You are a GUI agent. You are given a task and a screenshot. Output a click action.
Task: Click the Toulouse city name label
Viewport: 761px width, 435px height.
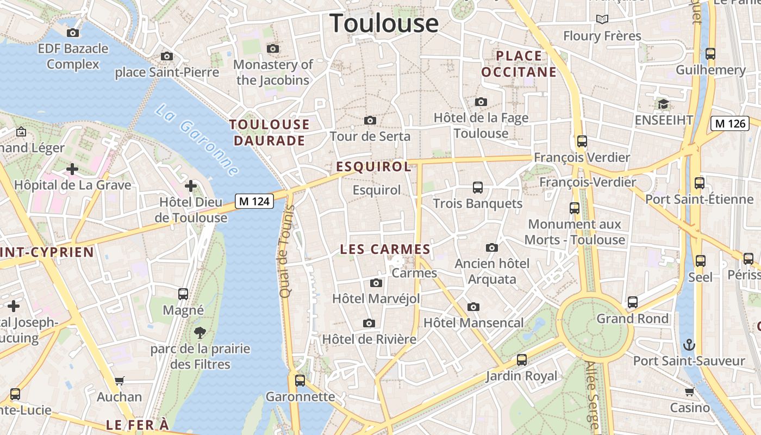384,23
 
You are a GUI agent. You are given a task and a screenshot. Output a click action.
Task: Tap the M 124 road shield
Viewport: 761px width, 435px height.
254,201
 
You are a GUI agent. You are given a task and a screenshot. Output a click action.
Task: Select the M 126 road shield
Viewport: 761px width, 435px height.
730,123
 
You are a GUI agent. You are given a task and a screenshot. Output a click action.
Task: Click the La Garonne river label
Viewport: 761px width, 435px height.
197,140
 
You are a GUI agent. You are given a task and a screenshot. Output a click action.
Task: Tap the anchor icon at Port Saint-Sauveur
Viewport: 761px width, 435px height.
689,345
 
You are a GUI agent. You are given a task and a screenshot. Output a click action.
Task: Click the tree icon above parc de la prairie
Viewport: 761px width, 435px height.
200,332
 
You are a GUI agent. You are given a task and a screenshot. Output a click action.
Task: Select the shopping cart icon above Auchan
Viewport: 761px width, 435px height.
120,381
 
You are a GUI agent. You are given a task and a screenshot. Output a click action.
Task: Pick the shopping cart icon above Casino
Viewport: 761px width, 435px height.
689,391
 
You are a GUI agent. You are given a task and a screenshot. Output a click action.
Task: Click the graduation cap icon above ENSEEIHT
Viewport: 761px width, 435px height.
663,104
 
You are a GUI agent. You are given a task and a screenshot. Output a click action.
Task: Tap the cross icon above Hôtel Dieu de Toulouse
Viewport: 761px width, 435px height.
191,187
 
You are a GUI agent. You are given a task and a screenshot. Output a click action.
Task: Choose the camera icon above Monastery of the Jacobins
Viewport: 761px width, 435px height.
273,49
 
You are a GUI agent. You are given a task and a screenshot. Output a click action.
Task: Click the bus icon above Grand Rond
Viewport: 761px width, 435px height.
633,302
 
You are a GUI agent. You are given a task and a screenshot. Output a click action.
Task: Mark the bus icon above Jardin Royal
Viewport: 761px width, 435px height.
522,360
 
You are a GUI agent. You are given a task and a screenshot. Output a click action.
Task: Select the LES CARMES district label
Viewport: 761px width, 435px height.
385,250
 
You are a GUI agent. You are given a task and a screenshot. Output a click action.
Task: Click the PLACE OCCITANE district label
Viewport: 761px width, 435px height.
519,64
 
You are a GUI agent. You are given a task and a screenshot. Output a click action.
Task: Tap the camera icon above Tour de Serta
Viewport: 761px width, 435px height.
370,120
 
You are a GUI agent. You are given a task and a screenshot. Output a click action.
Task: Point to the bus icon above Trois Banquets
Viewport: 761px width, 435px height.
478,188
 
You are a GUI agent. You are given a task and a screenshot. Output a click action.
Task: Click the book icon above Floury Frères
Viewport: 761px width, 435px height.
602,20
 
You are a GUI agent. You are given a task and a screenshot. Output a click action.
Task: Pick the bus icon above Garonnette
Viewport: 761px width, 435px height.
300,381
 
